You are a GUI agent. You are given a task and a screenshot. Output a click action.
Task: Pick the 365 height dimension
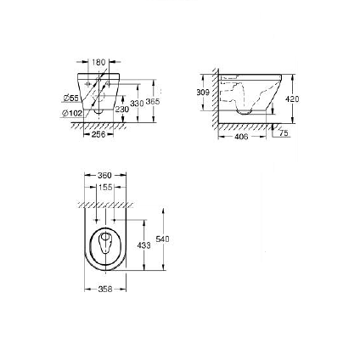point(153,101)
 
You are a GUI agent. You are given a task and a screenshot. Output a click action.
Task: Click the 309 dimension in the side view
point(202,91)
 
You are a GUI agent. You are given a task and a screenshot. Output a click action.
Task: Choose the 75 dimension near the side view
point(284,133)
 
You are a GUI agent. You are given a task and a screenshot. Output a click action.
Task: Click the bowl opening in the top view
point(106,244)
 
